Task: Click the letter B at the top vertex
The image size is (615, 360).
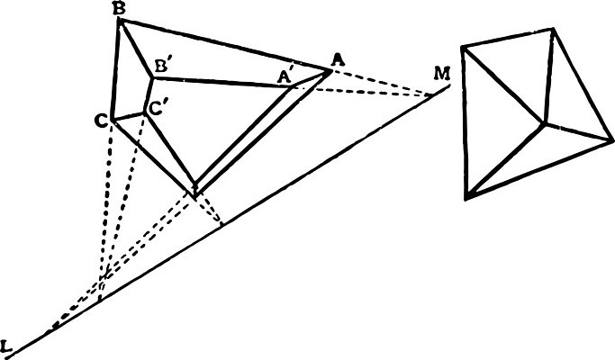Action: pyautogui.click(x=119, y=9)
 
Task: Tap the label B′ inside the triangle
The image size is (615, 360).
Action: pyautogui.click(x=161, y=66)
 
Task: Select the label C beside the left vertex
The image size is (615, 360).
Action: pyautogui.click(x=101, y=121)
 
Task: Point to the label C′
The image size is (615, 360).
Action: pyautogui.click(x=156, y=109)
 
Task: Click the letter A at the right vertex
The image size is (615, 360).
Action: pyautogui.click(x=338, y=60)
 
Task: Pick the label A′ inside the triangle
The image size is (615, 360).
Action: pyautogui.click(x=285, y=76)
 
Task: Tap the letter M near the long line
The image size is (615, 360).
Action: pyautogui.click(x=442, y=73)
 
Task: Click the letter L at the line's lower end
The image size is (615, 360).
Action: pyautogui.click(x=6, y=346)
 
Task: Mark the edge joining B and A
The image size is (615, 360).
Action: pyautogui.click(x=225, y=45)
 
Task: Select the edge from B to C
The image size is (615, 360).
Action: pyautogui.click(x=115, y=69)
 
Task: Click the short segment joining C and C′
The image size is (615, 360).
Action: pyautogui.click(x=128, y=116)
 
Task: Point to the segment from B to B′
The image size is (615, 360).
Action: pyautogui.click(x=136, y=49)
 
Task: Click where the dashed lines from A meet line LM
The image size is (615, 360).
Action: pyautogui.click(x=431, y=94)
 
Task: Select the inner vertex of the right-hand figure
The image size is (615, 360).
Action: pyautogui.click(x=544, y=124)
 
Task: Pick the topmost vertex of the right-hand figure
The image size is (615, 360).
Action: pyautogui.click(x=553, y=29)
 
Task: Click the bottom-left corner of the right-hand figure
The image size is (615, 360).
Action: pyautogui.click(x=466, y=197)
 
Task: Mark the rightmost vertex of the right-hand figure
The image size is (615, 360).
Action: pyautogui.click(x=612, y=139)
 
